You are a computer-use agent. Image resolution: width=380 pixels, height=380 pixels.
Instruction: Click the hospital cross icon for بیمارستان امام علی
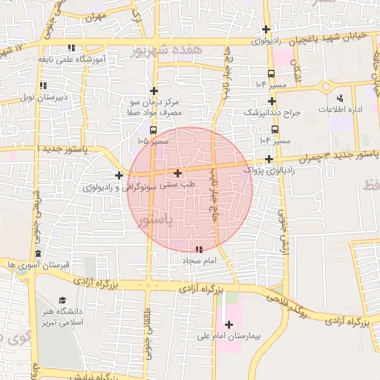pyautogui.click(x=229, y=324)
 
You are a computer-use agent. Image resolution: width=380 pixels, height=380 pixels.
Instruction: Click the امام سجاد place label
pyautogui.click(x=197, y=261)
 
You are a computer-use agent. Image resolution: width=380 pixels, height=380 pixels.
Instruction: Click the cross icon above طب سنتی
pyautogui.click(x=177, y=172)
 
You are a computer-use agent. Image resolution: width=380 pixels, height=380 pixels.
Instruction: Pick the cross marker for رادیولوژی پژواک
pyautogui.click(x=268, y=159)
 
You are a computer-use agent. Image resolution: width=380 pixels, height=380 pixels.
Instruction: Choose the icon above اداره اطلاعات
pyautogui.click(x=341, y=97)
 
